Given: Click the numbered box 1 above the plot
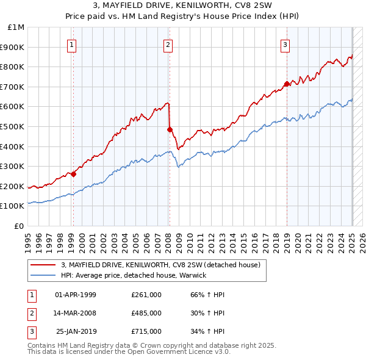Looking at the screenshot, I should click(x=72, y=44).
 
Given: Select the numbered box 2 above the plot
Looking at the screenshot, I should click(x=168, y=44).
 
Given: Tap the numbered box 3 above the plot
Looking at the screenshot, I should click(x=285, y=44).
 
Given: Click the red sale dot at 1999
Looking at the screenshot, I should click(x=74, y=174).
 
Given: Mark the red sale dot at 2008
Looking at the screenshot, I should click(x=170, y=129).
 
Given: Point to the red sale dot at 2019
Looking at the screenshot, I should click(x=287, y=84).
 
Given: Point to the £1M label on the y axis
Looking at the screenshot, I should click(x=16, y=27).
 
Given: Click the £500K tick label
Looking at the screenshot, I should click(x=13, y=126).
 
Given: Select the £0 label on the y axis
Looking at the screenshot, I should click(x=20, y=226).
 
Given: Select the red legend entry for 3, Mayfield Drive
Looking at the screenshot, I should click(x=161, y=265).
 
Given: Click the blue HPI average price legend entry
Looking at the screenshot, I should click(x=134, y=275).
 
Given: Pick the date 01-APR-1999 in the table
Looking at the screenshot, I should click(x=76, y=295).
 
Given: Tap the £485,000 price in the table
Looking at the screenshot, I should click(x=146, y=313).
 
